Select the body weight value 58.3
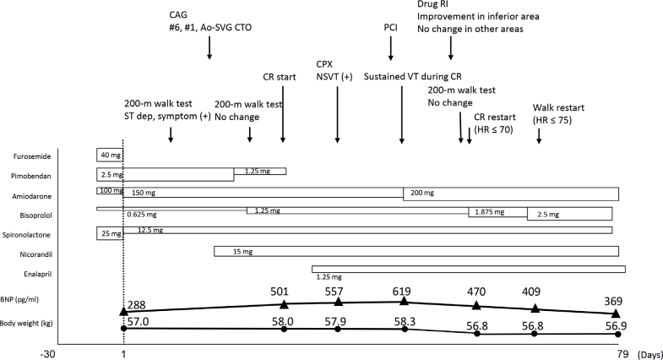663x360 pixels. (x=405, y=321)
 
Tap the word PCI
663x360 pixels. (x=390, y=26)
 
